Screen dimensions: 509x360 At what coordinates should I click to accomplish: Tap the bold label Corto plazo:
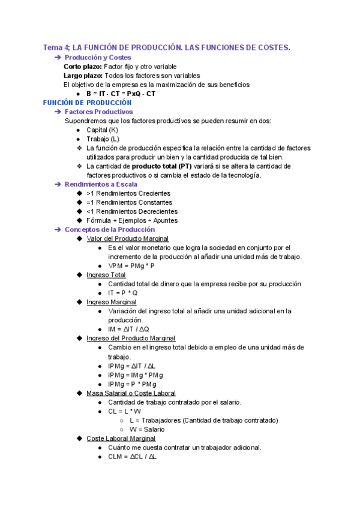tap(83, 67)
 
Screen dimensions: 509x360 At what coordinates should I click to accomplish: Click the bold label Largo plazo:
tap(83, 76)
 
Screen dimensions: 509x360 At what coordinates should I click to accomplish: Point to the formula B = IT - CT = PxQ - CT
tap(121, 94)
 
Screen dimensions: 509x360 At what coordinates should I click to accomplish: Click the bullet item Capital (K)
tap(103, 130)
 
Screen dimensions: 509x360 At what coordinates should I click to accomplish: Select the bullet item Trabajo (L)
tap(103, 139)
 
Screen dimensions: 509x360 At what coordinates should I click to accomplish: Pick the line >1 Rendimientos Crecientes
tap(128, 193)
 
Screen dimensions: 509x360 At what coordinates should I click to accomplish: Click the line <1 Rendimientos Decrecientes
tap(132, 211)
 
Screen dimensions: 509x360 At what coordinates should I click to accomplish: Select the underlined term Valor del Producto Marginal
tap(131, 239)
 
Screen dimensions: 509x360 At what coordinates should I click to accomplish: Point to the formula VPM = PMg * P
tap(131, 266)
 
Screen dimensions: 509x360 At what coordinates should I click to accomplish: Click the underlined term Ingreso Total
tap(106, 275)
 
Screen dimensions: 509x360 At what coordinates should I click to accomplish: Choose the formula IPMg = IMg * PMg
tap(135, 375)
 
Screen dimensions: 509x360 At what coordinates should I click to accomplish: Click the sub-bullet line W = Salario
tap(147, 429)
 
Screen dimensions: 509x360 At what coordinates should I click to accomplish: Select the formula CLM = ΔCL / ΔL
tap(132, 456)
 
